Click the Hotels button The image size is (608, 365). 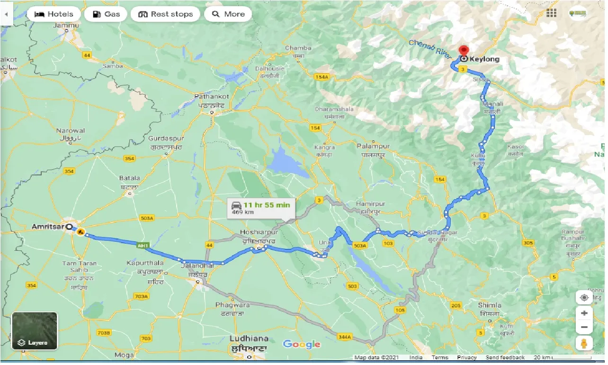click(54, 14)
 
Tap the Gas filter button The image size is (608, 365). click(106, 14)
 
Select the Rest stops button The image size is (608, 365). click(166, 14)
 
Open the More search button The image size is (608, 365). click(228, 14)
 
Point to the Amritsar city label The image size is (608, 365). click(47, 227)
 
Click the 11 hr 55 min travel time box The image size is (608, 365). click(261, 208)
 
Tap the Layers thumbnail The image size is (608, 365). click(35, 330)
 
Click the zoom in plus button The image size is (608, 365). click(584, 313)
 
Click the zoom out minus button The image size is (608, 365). click(584, 328)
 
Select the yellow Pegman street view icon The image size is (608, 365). click(584, 344)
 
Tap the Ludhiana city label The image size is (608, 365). click(249, 339)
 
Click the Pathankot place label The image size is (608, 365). click(212, 97)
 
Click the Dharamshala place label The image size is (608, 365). click(334, 109)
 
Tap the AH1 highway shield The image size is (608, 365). click(143, 246)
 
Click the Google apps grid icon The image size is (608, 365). click(551, 13)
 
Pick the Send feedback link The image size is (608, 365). click(505, 357)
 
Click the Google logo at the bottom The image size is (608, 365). click(302, 345)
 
